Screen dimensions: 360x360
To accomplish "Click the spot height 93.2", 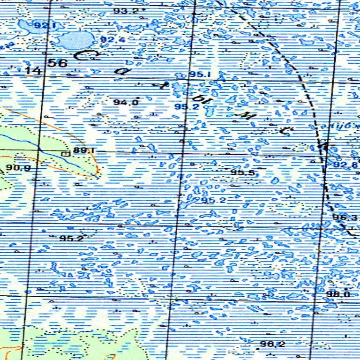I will click(126, 10).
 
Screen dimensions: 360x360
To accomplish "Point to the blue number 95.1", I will click(200, 75).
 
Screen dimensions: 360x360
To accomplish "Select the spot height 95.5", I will click(242, 173).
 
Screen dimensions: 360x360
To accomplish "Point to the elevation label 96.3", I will click(345, 217).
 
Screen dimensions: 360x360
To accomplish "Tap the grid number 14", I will click(33, 71).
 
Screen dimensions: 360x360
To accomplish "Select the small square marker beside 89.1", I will click(65, 153).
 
